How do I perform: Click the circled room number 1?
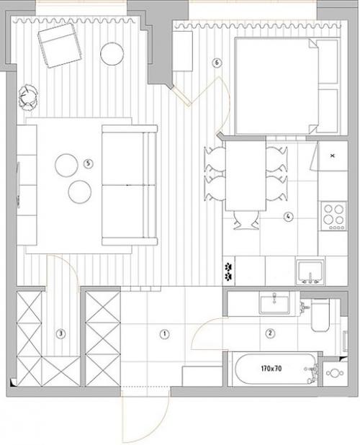pos(165,334)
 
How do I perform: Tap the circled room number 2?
pos(270,333)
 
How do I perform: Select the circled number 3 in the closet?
pos(60,334)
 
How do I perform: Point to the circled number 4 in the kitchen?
pos(288,217)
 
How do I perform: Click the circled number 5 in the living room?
pos(89,163)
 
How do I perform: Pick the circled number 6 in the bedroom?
pos(217,63)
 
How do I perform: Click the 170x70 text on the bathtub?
pos(271,369)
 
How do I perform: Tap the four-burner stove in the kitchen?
pos(334,216)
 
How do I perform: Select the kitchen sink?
pos(310,272)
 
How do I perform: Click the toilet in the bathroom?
pos(320,315)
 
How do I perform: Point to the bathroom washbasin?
pos(274,305)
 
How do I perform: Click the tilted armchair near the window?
pos(60,45)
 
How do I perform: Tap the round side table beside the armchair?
pos(112,54)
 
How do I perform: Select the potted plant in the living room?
pos(28,97)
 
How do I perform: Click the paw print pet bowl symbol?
pos(228,271)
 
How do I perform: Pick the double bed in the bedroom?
pos(277,86)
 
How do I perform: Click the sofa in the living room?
pos(130,185)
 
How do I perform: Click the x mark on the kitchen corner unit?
pos(333,156)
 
